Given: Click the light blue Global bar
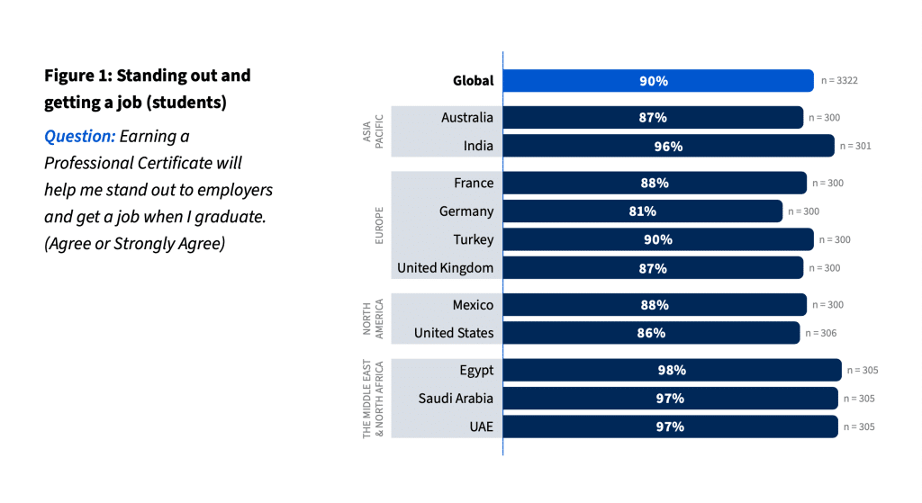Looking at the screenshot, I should [x=657, y=81].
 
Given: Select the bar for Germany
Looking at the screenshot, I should [x=642, y=211].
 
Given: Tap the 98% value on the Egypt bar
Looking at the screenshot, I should [x=672, y=370].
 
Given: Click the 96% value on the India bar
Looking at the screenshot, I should [x=668, y=146].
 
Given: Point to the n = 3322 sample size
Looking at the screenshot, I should [x=839, y=81].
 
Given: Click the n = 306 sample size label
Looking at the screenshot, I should [x=817, y=334].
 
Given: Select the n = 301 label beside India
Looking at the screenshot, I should [x=855, y=146].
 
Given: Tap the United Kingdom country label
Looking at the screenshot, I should [x=445, y=268].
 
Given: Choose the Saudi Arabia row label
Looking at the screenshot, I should [x=456, y=398].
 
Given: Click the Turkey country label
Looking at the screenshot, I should [x=473, y=239].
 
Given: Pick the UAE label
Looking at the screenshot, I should [x=480, y=427].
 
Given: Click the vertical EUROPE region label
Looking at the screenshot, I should [x=379, y=225].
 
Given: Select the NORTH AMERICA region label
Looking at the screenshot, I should [x=373, y=319].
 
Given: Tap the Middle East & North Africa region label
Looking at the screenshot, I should [x=373, y=399].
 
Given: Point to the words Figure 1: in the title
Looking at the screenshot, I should [x=77, y=76].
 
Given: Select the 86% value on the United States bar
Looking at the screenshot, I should [x=651, y=333].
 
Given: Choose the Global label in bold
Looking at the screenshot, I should [x=473, y=81].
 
